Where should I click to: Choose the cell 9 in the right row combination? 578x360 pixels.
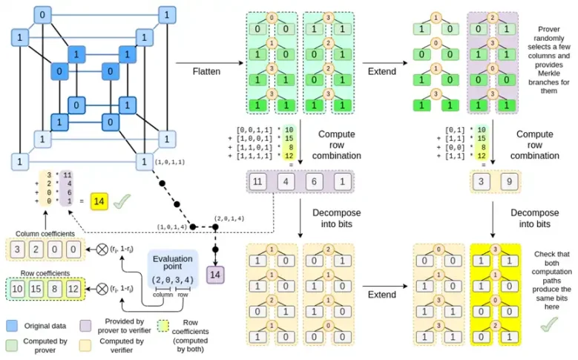tap(506, 181)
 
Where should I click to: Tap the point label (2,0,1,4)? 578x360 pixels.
tap(229, 219)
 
